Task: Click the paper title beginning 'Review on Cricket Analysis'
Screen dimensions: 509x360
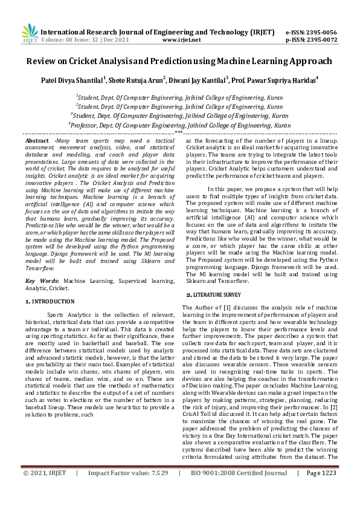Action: [x=179, y=61]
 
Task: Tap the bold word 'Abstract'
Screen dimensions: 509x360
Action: [x=37, y=140]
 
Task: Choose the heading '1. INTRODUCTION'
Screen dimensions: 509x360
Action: [x=50, y=300]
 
